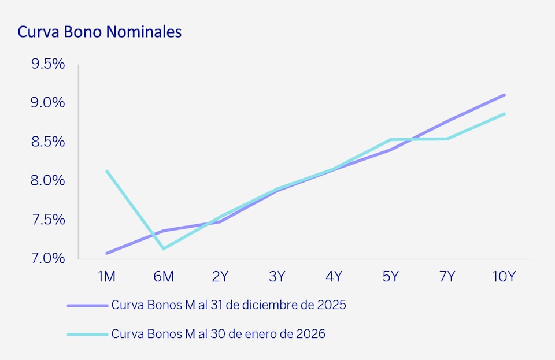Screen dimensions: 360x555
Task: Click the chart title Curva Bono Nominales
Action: point(99,32)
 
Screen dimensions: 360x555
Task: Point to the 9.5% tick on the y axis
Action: point(48,64)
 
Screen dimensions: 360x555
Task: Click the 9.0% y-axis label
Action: point(48,103)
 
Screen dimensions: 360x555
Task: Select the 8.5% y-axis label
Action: point(48,142)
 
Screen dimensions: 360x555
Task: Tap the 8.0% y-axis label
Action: point(48,181)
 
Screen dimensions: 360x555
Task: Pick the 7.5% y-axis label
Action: point(48,220)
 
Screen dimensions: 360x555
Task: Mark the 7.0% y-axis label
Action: point(48,258)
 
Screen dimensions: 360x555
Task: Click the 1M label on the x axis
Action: point(106,277)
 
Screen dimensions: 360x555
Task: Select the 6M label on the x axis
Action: point(164,277)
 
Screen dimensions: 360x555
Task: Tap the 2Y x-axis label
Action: point(220,277)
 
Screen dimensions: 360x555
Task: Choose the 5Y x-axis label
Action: point(391,277)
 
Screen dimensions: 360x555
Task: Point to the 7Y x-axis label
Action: point(447,277)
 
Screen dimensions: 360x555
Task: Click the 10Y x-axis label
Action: point(504,277)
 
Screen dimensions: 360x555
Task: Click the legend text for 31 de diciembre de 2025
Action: point(228,305)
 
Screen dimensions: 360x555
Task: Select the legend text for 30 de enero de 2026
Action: point(219,334)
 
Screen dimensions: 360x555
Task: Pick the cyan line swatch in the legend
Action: point(87,335)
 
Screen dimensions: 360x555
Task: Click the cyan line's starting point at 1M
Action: point(107,171)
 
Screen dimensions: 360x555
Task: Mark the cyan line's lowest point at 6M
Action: point(164,249)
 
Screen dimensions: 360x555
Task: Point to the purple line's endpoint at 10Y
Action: point(504,95)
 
